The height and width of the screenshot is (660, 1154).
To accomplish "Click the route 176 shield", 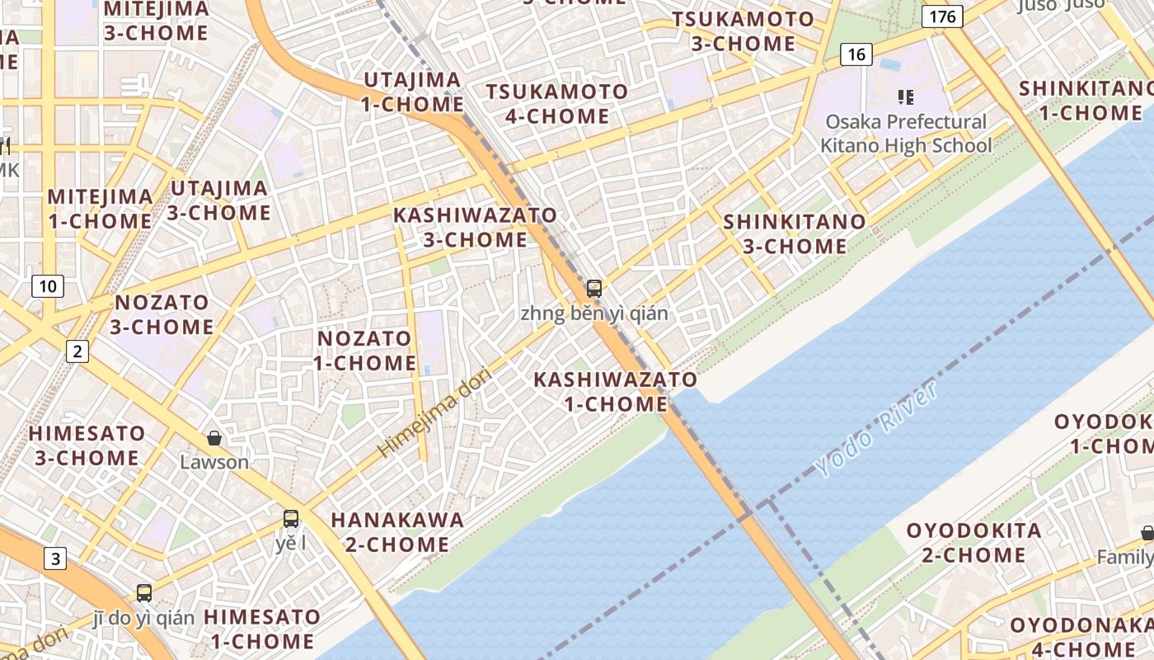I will pos(943,16).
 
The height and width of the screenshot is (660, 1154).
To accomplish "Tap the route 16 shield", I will pos(856,54).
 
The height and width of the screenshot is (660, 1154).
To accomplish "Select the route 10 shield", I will pos(49,286).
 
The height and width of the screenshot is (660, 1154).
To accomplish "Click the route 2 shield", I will pos(77,352).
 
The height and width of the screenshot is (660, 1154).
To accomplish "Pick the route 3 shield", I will pos(54,559).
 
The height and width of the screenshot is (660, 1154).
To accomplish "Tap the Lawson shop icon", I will pos(214,437).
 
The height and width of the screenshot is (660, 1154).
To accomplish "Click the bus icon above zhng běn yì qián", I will pos(594,289).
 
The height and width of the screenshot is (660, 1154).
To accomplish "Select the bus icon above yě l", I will pos(291,519).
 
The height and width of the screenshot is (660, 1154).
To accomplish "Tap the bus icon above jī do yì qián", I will pos(144,592).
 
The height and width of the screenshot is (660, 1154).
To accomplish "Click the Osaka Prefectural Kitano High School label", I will pos(906,134).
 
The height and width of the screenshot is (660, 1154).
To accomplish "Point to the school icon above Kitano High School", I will pos(906,97).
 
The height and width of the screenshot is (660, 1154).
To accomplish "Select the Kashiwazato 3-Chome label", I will pos(475,227).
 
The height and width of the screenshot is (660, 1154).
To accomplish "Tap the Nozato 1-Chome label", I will pos(364,351).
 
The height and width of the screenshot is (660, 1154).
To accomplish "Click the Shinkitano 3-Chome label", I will pos(795,233).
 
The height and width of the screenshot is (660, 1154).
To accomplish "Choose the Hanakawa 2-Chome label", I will pos(397,532).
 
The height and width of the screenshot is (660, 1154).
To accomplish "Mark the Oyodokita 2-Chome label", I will pos(973,542).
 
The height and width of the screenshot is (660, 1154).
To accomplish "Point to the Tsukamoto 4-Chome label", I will pos(556,104).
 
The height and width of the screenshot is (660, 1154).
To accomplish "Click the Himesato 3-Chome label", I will pos(87,445).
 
